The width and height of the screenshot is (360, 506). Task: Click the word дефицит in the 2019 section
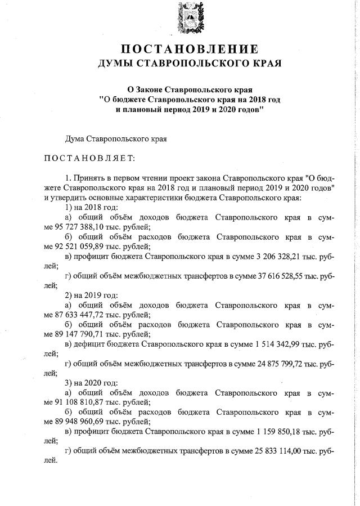[88, 346]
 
